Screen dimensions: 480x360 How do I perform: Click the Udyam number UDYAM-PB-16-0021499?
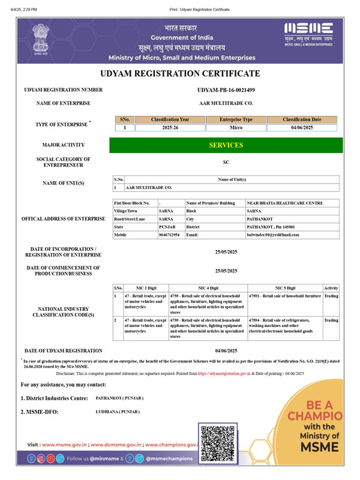coord(226,90)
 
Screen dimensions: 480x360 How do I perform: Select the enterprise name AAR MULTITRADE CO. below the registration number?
coord(226,103)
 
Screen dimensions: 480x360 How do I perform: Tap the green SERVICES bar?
coord(226,145)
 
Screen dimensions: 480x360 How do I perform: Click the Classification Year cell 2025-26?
coord(170,128)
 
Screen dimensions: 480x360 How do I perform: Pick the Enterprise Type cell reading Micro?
coord(236,128)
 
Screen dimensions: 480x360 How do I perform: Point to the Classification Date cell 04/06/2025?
coord(302,128)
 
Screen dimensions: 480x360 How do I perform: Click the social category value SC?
coord(226,162)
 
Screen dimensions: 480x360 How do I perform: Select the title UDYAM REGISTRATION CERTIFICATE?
coord(180,74)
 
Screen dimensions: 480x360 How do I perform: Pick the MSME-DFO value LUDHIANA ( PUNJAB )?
coord(118,412)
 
